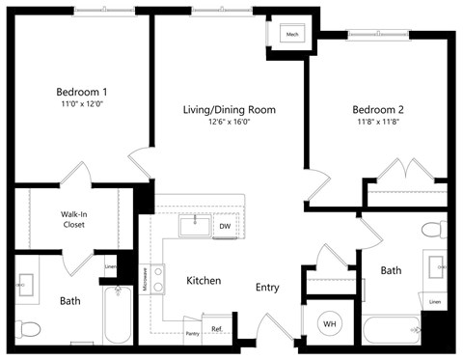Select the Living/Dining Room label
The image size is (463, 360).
coord(229,109)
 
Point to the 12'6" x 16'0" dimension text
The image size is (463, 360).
coord(229,122)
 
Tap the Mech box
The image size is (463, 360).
coord(292,36)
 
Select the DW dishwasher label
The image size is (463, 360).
coord(224,227)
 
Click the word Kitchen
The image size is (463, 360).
coord(204,281)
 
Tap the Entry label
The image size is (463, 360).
coord(268,287)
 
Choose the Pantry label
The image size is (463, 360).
coord(192,333)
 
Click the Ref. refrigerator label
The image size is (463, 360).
coord(217,329)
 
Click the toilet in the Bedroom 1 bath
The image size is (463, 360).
coord(28,329)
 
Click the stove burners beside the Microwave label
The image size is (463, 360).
coord(158,279)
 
